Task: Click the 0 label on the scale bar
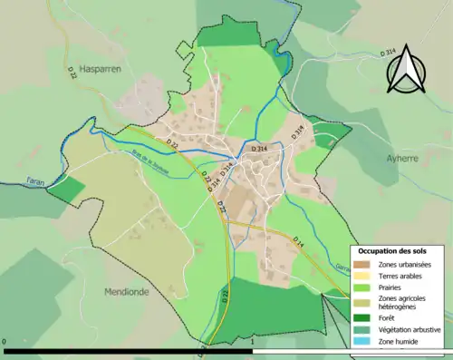[x=5, y=344]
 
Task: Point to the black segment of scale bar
[x=127, y=351]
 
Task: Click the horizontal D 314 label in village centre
[x=259, y=148]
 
